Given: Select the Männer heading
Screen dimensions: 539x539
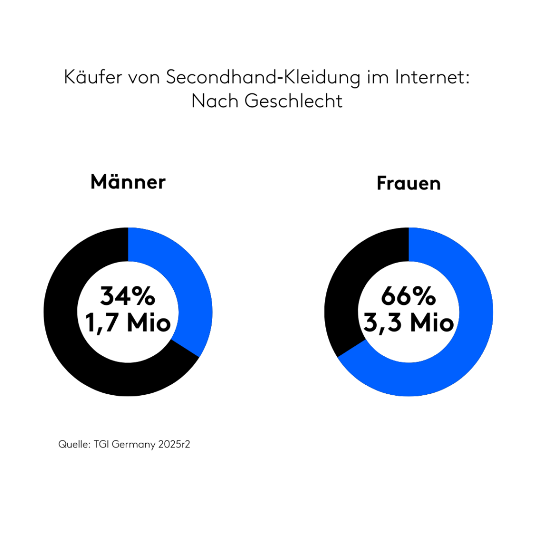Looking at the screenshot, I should click(128, 182).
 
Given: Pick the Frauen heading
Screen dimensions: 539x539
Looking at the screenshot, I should click(408, 184).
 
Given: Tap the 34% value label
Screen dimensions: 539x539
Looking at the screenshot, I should click(128, 296).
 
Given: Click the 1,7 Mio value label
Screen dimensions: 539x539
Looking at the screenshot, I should click(128, 322).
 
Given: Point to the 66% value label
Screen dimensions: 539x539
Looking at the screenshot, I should click(408, 296).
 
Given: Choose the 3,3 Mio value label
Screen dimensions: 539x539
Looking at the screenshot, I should click(408, 322).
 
